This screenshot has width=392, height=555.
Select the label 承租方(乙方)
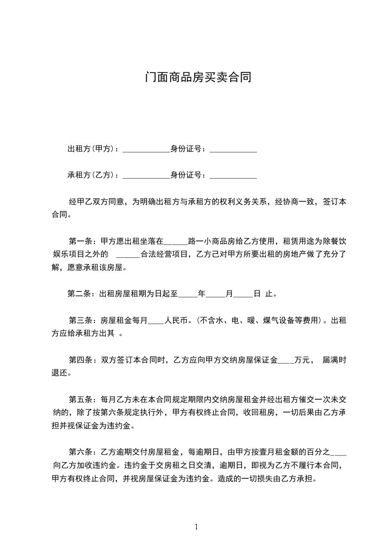(91, 175)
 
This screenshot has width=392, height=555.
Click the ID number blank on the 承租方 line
(233, 176)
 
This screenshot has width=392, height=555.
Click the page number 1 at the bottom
(196, 526)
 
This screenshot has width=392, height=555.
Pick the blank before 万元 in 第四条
(286, 361)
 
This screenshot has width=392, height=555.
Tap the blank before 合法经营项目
(130, 256)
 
